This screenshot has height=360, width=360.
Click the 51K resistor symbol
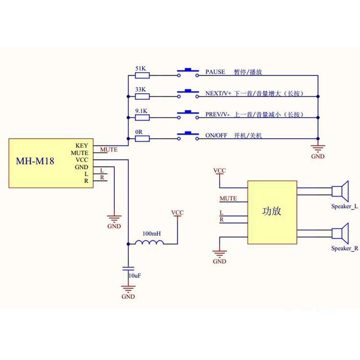click(x=142, y=75)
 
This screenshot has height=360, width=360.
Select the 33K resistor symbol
click(x=142, y=96)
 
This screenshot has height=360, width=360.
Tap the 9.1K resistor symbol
click(x=142, y=117)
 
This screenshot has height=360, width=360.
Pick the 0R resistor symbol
click(x=142, y=139)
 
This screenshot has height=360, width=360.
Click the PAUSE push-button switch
click(x=188, y=72)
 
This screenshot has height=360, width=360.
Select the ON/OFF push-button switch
click(x=188, y=136)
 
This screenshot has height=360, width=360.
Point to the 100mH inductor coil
click(x=149, y=242)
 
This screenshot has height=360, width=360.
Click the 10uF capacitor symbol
click(x=128, y=269)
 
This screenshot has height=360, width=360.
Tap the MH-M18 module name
click(x=35, y=161)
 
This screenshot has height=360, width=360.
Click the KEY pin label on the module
click(x=82, y=145)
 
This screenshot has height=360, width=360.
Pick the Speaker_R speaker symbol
click(x=340, y=234)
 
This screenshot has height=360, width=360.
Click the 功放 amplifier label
click(x=272, y=211)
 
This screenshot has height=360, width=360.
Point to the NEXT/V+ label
click(x=218, y=93)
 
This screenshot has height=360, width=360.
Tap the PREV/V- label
click(x=217, y=114)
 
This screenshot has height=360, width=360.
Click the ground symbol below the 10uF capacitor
click(x=128, y=289)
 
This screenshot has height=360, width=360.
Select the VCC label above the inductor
click(x=177, y=212)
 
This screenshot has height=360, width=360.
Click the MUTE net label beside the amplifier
click(x=228, y=198)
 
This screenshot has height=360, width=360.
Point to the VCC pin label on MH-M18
click(x=82, y=160)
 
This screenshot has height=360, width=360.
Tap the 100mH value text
click(x=152, y=234)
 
